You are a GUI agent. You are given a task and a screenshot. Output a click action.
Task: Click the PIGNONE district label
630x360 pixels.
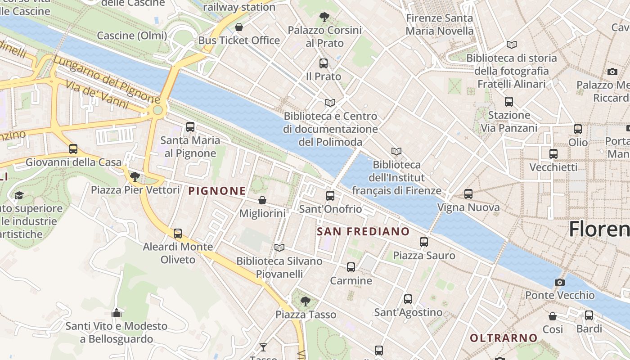coord(217,191)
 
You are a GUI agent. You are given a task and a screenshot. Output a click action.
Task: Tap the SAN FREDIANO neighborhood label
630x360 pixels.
coord(363,232)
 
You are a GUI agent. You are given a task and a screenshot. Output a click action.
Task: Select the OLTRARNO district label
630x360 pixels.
coord(504,337)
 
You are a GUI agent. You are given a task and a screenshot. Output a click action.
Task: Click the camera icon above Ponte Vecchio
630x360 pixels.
coord(559,282)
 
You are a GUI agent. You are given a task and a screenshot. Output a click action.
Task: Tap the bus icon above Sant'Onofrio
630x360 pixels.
coord(330,195)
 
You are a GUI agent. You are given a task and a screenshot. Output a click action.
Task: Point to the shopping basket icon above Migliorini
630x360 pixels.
coord(262,200)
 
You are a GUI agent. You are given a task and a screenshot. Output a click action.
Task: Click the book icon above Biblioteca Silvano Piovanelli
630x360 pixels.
coord(279,247)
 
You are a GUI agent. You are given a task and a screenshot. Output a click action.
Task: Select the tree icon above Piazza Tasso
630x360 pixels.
coord(306,301)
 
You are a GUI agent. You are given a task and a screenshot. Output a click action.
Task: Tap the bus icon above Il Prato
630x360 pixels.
coord(323,63)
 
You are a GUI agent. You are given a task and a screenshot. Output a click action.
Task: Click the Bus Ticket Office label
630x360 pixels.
coord(239,40)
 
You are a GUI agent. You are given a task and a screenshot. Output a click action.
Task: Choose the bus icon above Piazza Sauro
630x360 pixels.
coord(423,242)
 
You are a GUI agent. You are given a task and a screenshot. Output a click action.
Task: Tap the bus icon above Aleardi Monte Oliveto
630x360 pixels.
coord(178,233)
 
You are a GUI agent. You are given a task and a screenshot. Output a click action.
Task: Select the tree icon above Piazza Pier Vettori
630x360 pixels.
coord(135,176)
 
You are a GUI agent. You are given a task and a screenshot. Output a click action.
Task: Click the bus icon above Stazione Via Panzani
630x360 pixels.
coord(509,102)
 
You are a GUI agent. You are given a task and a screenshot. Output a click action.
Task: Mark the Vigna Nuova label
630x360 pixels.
coord(468,207)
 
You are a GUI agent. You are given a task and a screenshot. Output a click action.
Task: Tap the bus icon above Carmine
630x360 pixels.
coord(351,267)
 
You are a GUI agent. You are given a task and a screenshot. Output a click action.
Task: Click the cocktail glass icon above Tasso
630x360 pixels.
coord(263,347)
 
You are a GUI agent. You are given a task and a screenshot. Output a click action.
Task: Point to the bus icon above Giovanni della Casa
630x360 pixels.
coord(73,148)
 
